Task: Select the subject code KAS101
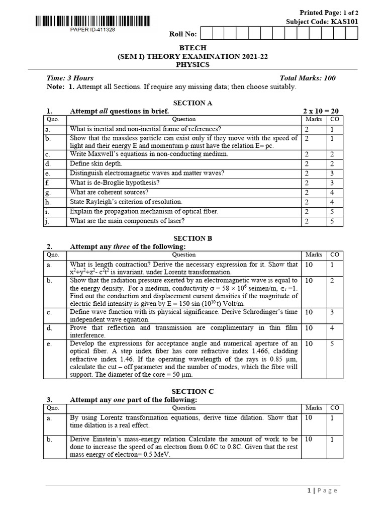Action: [x=344, y=22]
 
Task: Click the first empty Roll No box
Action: [x=205, y=33]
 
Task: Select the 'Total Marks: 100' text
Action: [x=308, y=78]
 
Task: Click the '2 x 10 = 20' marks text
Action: [x=321, y=111]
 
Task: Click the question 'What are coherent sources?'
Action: [x=109, y=192]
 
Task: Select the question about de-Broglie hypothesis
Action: [x=115, y=183]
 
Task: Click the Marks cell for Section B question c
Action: [x=309, y=312]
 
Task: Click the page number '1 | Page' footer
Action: [x=321, y=490]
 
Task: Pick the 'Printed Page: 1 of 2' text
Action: [x=329, y=13]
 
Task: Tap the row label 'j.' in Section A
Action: [x=48, y=221]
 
